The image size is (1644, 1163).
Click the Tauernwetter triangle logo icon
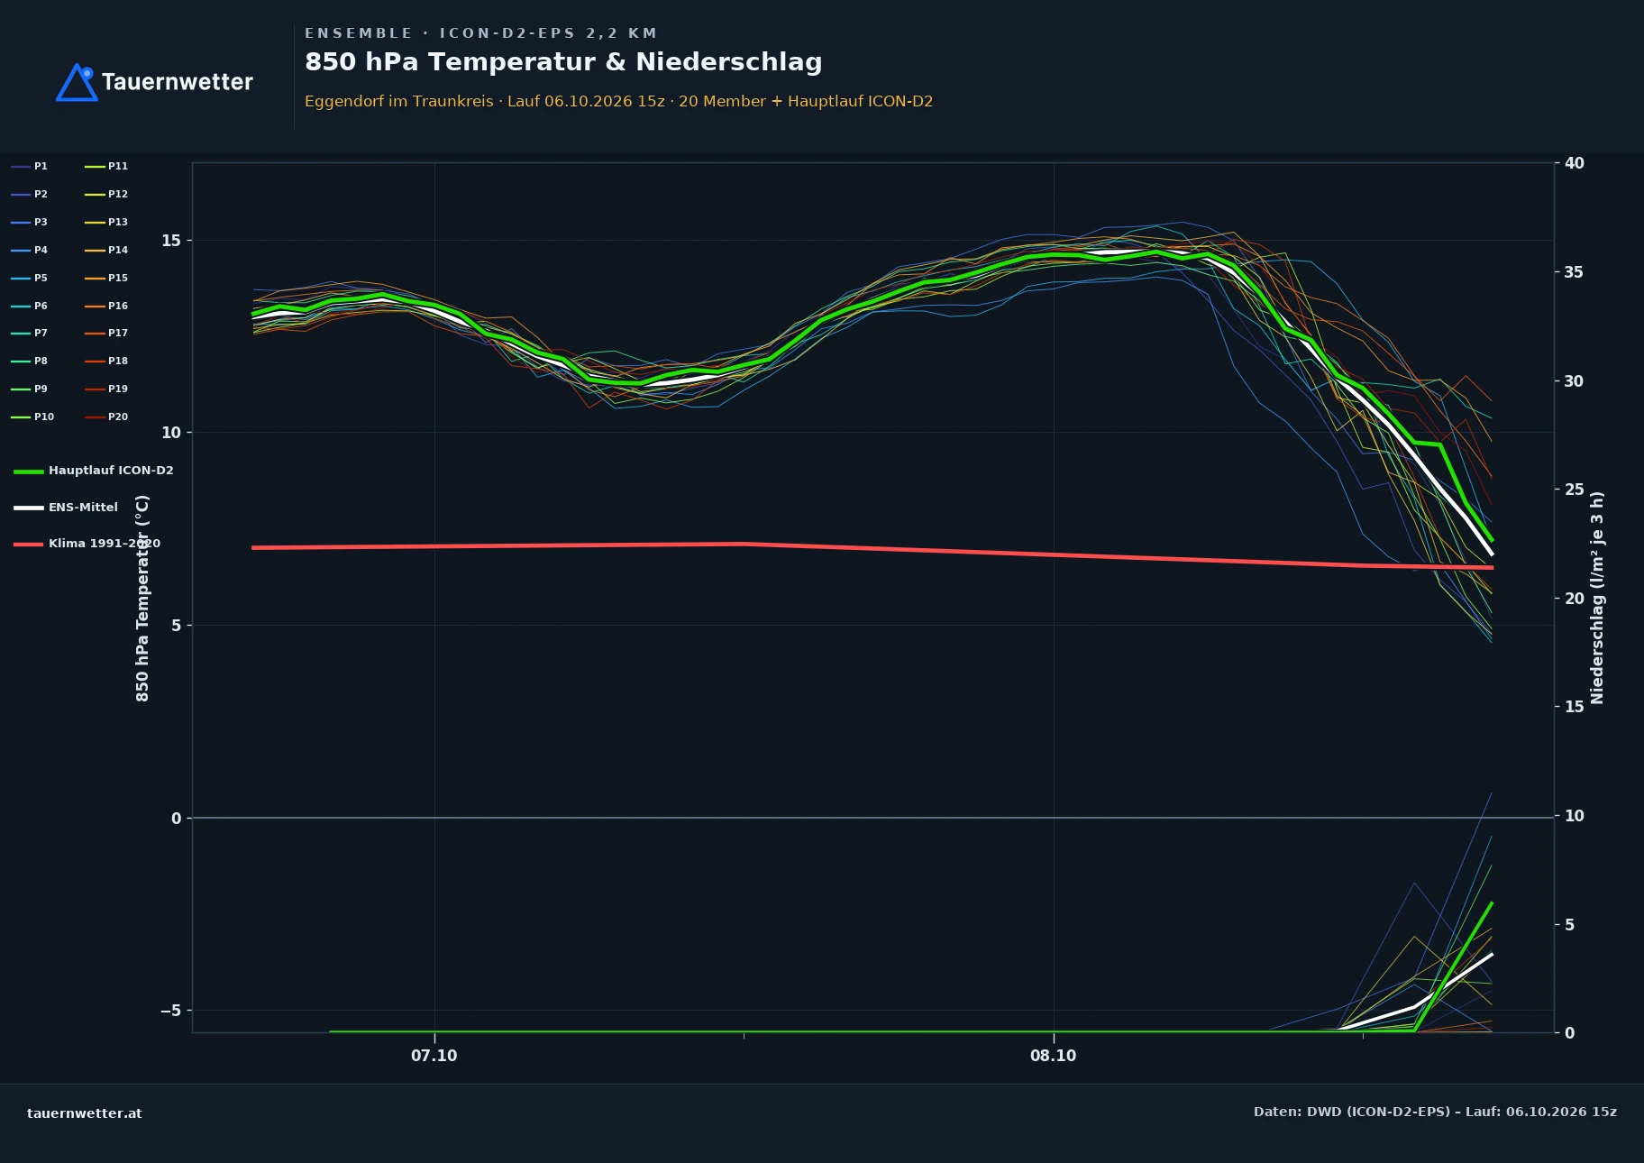pos(77,83)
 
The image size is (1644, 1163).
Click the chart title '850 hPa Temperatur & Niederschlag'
pos(563,62)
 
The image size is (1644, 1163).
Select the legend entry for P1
pos(30,166)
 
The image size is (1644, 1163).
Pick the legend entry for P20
pos(106,417)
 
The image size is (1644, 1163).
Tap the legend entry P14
pos(106,250)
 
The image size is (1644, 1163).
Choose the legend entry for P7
pos(30,333)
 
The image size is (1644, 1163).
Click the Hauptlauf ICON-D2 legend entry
pos(94,471)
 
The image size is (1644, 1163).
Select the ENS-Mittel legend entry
pos(66,508)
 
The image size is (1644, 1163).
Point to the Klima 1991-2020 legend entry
pos(87,544)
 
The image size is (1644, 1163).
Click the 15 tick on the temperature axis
pos(171,241)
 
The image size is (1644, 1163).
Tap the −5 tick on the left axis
pos(170,1011)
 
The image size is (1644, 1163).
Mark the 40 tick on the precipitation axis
pos(1575,163)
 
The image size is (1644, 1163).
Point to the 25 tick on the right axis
pos(1575,490)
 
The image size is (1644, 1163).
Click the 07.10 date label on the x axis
pos(434,1056)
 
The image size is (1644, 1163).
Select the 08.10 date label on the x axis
pos(1054,1056)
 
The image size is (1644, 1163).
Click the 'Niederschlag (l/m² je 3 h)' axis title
pos(1597,598)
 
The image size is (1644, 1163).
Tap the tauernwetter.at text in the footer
pos(85,1113)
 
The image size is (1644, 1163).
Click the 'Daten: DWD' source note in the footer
pos(1435,1112)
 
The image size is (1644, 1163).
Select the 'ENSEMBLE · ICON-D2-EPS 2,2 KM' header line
pos(481,33)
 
